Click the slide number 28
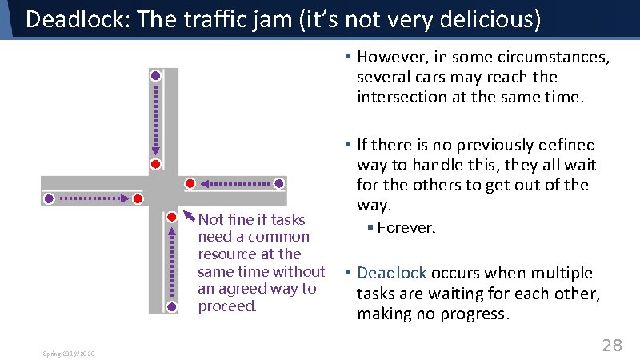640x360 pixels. pyautogui.click(x=612, y=345)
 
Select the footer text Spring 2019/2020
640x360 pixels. pyautogui.click(x=68, y=353)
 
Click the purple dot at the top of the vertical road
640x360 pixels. pyautogui.click(x=156, y=75)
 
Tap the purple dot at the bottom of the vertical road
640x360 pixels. pyautogui.click(x=172, y=306)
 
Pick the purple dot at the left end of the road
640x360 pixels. pyautogui.click(x=49, y=198)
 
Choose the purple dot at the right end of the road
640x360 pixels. pyautogui.click(x=278, y=183)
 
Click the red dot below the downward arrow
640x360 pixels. pyautogui.click(x=156, y=164)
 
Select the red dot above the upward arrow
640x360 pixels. pyautogui.click(x=172, y=217)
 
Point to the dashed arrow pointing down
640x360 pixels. pyautogui.click(x=156, y=120)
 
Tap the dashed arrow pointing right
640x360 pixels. pyautogui.click(x=93, y=198)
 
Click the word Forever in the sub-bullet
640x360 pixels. pyautogui.click(x=404, y=228)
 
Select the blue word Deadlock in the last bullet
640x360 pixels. pyautogui.click(x=391, y=273)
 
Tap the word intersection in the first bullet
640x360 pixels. pyautogui.click(x=404, y=97)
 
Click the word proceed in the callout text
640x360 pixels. pyautogui.click(x=226, y=306)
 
